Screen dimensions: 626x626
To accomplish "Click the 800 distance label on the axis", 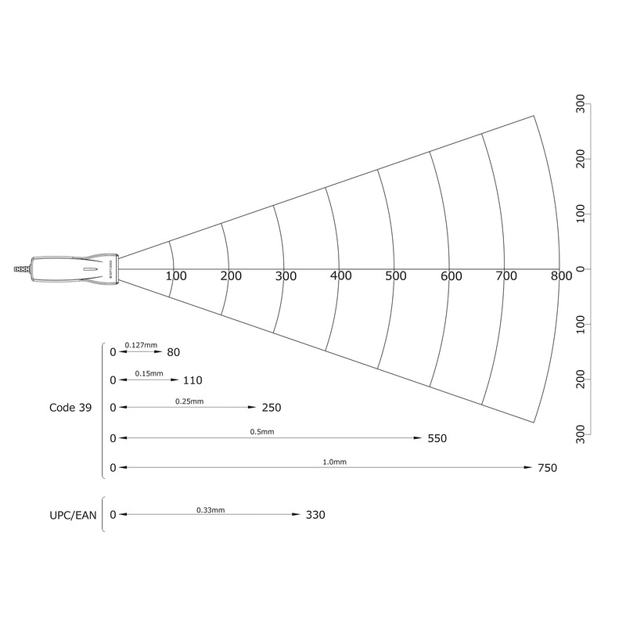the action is pyautogui.click(x=561, y=276).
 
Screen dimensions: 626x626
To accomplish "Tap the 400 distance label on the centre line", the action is pyautogui.click(x=341, y=276).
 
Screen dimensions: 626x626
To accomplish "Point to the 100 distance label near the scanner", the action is pyautogui.click(x=176, y=276).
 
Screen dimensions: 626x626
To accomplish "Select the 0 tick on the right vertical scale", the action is pyautogui.click(x=581, y=269).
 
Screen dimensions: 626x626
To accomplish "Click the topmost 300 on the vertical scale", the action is pyautogui.click(x=581, y=104).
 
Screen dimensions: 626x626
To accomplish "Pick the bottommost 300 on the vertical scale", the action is pyautogui.click(x=581, y=434).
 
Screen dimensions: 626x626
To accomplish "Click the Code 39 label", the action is pyautogui.click(x=70, y=408).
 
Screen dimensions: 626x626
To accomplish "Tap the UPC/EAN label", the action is pyautogui.click(x=73, y=516).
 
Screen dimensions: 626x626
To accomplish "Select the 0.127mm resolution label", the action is pyautogui.click(x=141, y=345).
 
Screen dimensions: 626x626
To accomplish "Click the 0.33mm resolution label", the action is pyautogui.click(x=210, y=510).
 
